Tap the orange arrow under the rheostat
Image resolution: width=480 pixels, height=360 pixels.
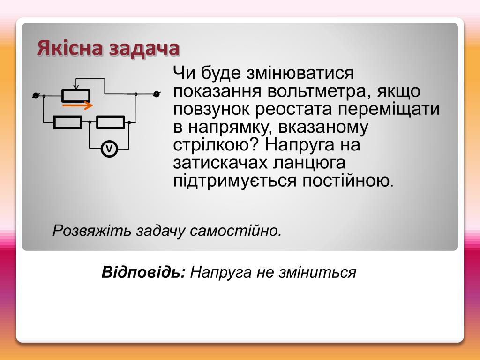pyautogui.click(x=77, y=105)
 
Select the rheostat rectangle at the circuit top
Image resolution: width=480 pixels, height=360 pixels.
pyautogui.click(x=76, y=96)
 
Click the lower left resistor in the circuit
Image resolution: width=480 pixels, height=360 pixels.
pyautogui.click(x=68, y=122)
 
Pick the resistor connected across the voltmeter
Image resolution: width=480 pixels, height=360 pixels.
pyautogui.click(x=111, y=122)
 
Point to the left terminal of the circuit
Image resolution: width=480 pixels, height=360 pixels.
pyautogui.click(x=36, y=96)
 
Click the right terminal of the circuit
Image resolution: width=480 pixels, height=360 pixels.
pyautogui.click(x=157, y=94)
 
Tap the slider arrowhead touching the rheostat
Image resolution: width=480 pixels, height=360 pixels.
pyautogui.click(x=76, y=87)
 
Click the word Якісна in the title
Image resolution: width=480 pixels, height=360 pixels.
pyautogui.click(x=69, y=48)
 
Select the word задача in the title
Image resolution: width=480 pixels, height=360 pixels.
pyautogui.click(x=144, y=49)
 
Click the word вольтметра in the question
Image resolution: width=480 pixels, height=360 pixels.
pyautogui.click(x=317, y=91)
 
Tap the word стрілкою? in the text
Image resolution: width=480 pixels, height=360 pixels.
pyautogui.click(x=217, y=144)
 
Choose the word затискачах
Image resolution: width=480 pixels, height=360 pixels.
pyautogui.click(x=220, y=163)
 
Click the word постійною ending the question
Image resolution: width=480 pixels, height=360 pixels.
pyautogui.click(x=348, y=180)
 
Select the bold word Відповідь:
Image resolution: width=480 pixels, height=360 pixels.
pyautogui.click(x=143, y=272)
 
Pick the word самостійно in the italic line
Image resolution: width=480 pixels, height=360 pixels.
pyautogui.click(x=235, y=231)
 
